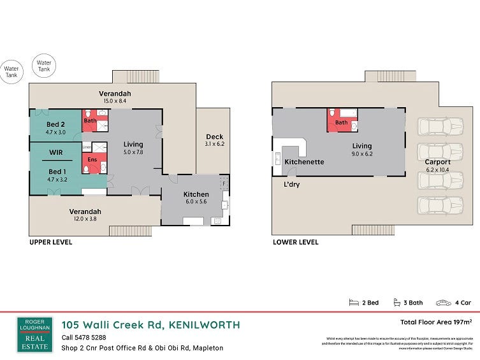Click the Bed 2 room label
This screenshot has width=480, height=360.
(56, 124)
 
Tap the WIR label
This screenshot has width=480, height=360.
(55, 153)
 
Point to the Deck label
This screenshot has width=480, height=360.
(214, 136)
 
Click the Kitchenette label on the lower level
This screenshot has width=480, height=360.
(304, 162)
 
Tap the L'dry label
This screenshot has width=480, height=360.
(292, 185)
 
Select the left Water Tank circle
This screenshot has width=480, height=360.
(11, 72)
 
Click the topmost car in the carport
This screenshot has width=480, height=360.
(439, 126)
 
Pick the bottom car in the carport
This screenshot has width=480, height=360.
(439, 205)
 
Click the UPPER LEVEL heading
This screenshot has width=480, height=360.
(50, 242)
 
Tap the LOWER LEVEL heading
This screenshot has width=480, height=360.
(295, 242)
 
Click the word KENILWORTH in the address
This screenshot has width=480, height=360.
(205, 325)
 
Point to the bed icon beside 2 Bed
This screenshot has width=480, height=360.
(354, 303)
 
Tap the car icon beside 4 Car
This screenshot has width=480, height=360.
(442, 303)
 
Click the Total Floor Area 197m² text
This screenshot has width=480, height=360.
(436, 322)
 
